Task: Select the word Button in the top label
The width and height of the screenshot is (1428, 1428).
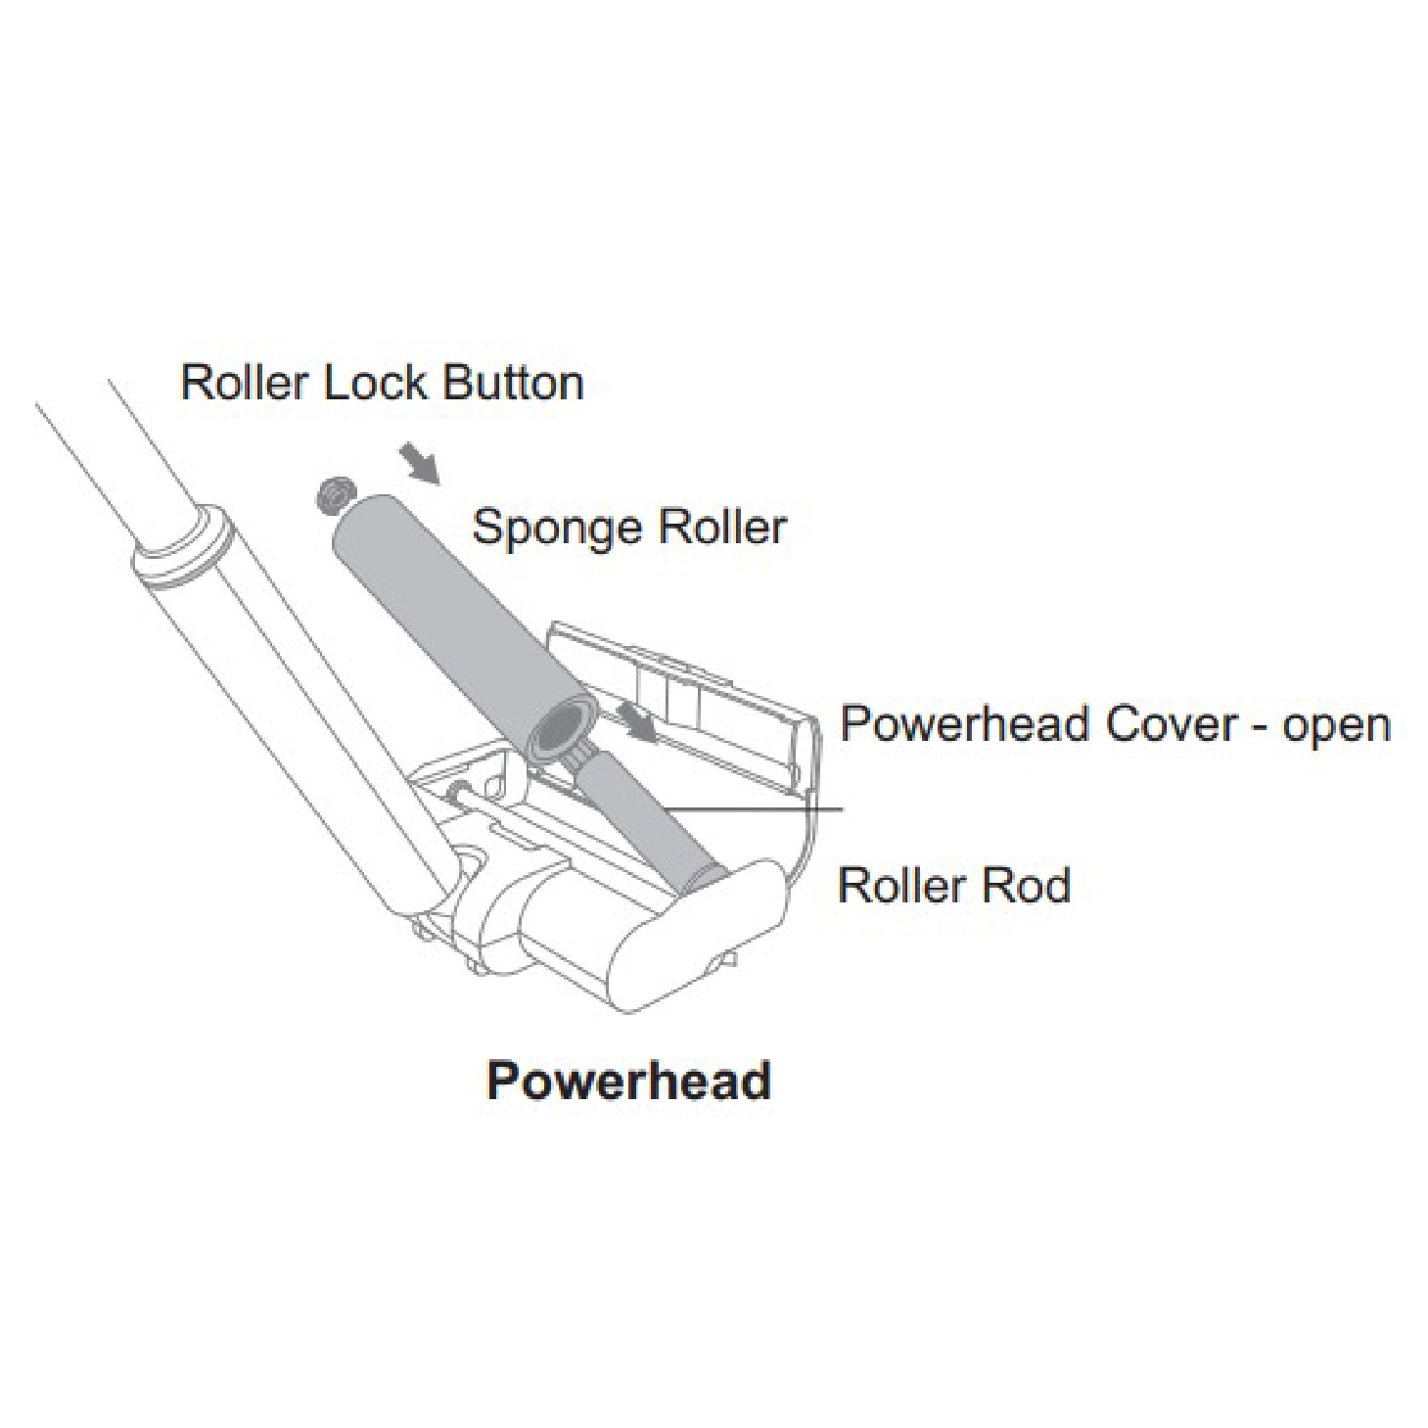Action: point(514,383)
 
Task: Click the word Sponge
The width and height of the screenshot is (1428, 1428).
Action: point(557,530)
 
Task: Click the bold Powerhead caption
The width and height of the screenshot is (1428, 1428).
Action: point(628,1081)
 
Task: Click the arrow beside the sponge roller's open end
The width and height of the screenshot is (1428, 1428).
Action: point(638,723)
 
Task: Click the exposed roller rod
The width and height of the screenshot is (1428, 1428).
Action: point(642,812)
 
